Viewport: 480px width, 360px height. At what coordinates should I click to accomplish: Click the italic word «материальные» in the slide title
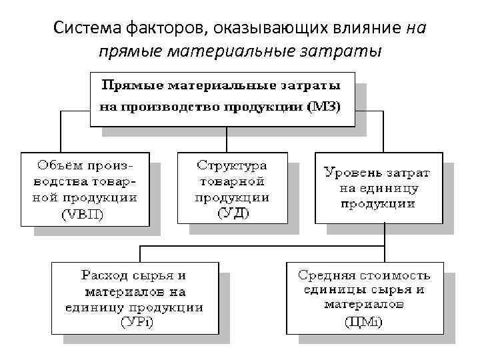261,51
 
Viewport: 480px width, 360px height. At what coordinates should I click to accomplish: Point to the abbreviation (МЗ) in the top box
327,107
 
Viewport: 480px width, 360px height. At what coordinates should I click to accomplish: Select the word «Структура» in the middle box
233,164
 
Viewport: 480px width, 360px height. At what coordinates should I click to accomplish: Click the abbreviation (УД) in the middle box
232,213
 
